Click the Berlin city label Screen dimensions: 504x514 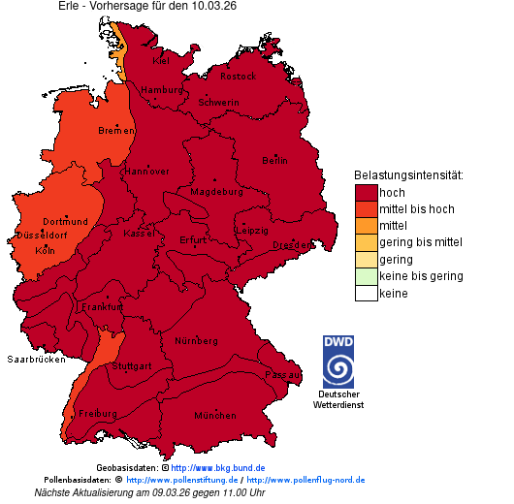[x=274, y=160]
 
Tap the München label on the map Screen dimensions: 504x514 [x=215, y=415]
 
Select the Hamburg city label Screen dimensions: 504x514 [x=162, y=90]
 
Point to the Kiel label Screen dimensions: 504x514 [x=161, y=61]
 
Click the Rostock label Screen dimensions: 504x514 [x=238, y=76]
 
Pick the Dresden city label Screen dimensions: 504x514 [x=291, y=245]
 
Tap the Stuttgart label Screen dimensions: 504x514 [x=132, y=366]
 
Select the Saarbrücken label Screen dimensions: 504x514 [x=36, y=360]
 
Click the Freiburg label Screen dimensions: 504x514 [x=98, y=414]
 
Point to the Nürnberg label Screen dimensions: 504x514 [x=196, y=342]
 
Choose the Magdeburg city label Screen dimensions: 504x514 [x=216, y=192]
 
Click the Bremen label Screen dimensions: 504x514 [x=115, y=130]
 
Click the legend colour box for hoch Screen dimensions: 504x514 [x=366, y=193]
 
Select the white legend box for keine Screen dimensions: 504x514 [x=366, y=293]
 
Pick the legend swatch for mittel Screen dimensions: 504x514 [x=366, y=226]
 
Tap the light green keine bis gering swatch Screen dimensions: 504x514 [x=366, y=276]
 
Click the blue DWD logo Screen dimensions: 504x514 [x=338, y=362]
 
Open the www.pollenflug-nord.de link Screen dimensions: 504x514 [x=305, y=480]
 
